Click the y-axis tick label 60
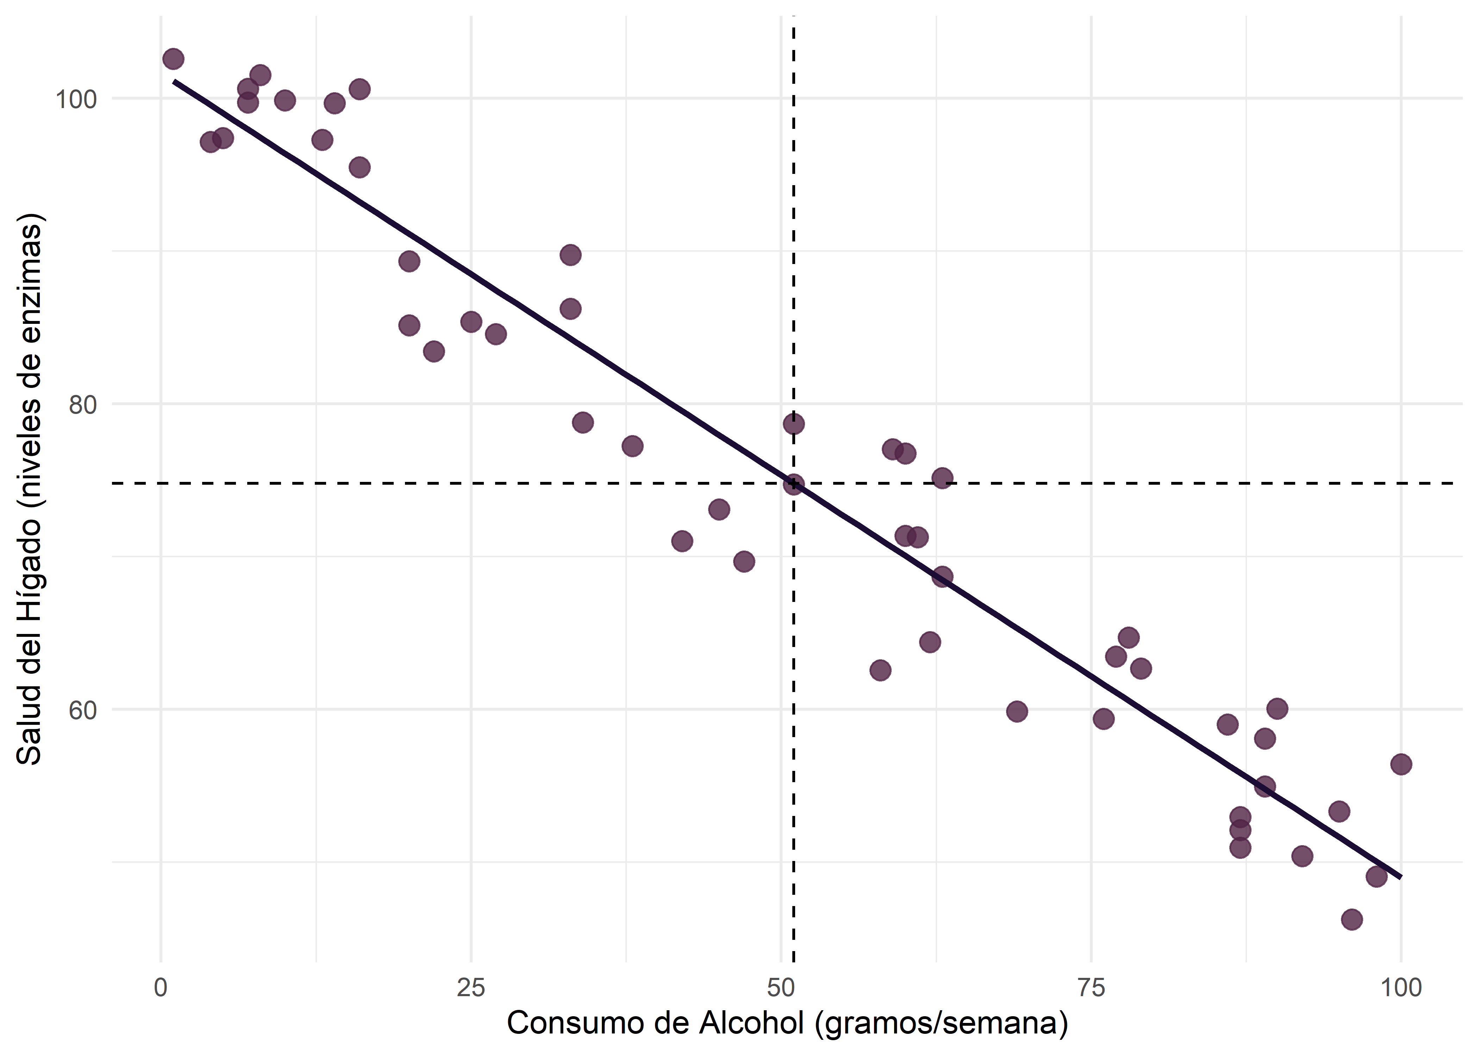click(83, 709)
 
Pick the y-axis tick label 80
click(83, 404)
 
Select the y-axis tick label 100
click(75, 100)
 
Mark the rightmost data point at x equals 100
click(1401, 764)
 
